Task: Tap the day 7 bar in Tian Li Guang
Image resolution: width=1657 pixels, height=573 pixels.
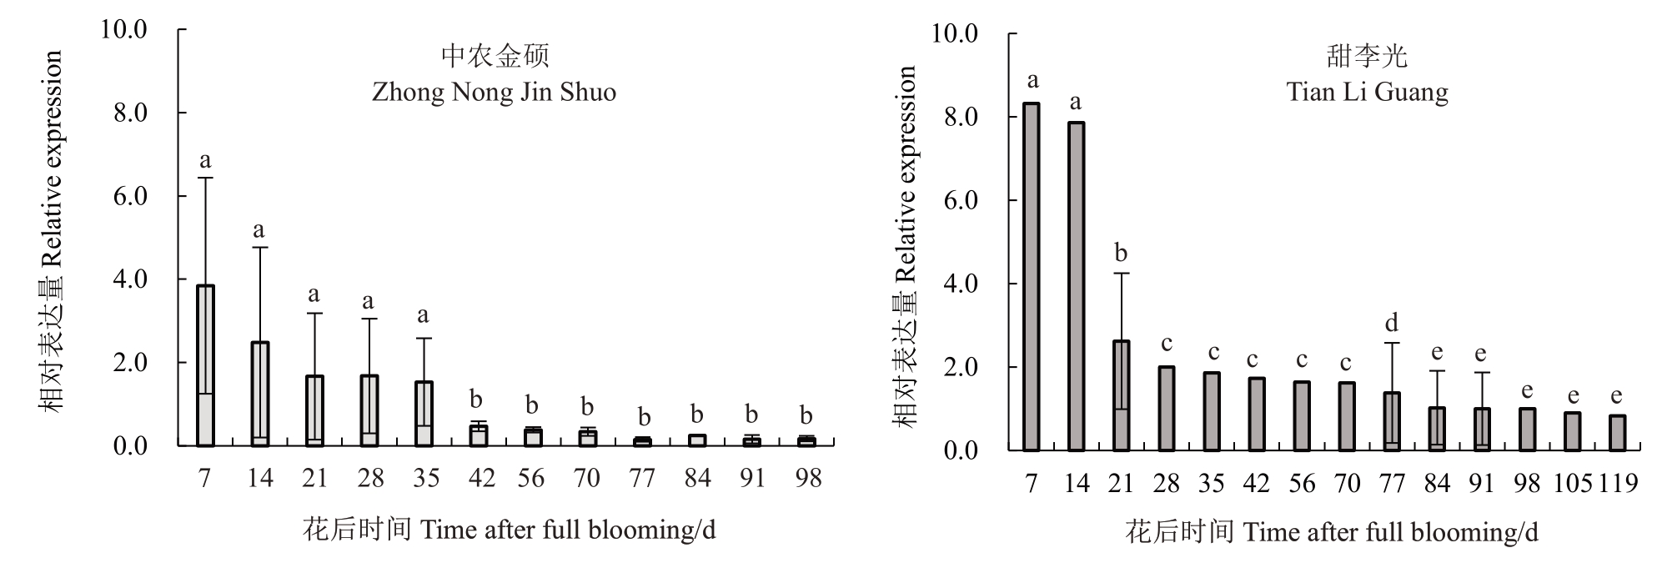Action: [x=1032, y=277]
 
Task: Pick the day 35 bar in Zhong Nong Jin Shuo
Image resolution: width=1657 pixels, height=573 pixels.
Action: [x=424, y=414]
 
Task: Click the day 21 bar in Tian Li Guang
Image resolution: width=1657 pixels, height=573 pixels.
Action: [x=1121, y=395]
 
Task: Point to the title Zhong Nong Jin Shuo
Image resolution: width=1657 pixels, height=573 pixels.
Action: [x=494, y=91]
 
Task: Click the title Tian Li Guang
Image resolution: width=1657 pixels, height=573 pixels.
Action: [x=1367, y=91]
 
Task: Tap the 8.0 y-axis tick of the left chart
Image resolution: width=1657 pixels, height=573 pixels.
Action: [x=130, y=113]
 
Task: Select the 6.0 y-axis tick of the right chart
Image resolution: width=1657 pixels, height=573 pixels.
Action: [x=961, y=200]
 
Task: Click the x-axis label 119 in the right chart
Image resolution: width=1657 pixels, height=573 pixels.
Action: [x=1618, y=483]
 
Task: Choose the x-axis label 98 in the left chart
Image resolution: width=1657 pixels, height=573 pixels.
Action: [x=807, y=478]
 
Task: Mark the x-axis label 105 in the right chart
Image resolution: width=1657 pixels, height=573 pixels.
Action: [x=1573, y=483]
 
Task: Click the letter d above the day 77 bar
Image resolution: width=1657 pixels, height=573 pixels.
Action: [x=1391, y=323]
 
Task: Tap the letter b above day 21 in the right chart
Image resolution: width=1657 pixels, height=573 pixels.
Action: [x=1121, y=253]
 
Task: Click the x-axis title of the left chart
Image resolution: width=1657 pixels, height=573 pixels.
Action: [x=509, y=530]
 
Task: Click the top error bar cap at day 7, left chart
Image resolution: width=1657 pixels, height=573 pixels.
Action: [x=205, y=178]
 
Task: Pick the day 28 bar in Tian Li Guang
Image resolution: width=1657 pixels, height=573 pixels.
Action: [x=1166, y=409]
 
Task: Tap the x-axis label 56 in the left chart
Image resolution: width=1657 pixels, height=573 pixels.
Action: [x=530, y=478]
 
